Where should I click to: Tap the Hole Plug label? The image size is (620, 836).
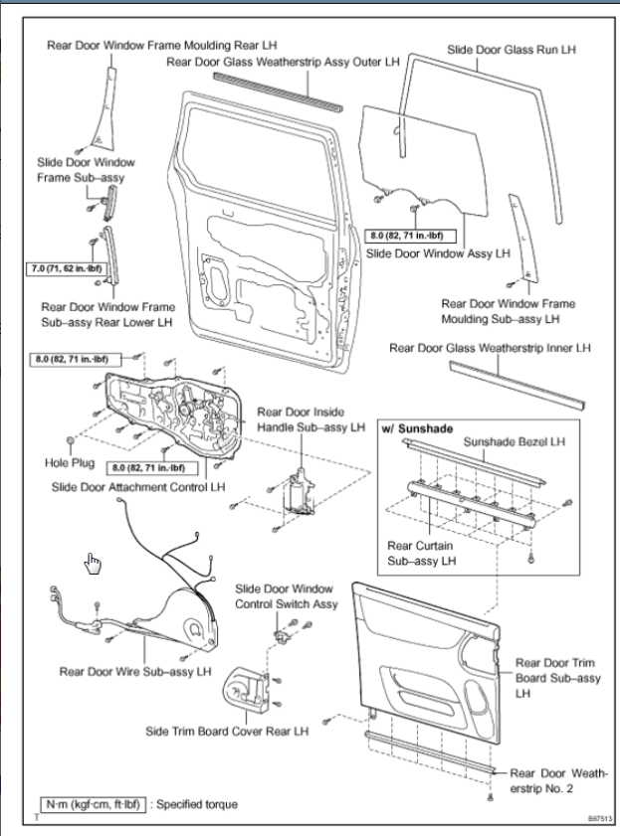coord(68,462)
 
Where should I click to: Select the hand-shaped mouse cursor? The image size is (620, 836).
coord(94,564)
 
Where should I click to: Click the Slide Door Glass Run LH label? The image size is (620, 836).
coord(512,48)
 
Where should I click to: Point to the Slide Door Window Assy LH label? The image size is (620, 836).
coord(438,253)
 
